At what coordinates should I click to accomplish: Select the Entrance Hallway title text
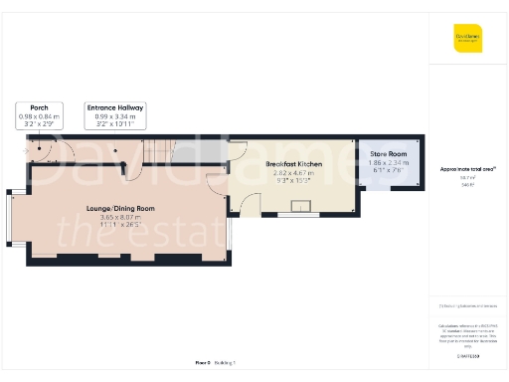tap(115, 106)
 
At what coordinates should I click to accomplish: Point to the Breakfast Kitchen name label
tap(292, 163)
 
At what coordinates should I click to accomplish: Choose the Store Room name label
tap(389, 153)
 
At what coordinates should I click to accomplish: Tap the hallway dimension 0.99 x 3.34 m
tap(115, 115)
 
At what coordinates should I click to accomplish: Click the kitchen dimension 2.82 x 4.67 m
tap(292, 172)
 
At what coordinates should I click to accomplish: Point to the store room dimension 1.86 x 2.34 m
tap(389, 162)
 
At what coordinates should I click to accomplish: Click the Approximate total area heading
tap(467, 169)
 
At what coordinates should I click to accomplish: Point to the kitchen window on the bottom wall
tap(295, 214)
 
